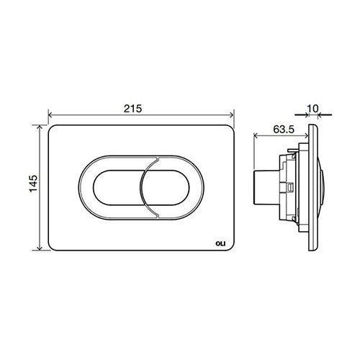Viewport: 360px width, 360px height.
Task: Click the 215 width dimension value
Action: click(x=132, y=109)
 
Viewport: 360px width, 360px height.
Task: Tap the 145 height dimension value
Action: click(x=34, y=184)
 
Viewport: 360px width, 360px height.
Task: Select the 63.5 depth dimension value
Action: click(x=284, y=130)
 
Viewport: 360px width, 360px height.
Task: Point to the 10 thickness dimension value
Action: click(x=312, y=109)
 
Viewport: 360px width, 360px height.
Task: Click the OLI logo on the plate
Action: click(x=220, y=244)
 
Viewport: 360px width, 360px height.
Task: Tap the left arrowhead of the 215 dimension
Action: click(x=50, y=115)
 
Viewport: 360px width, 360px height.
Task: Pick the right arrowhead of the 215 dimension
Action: click(x=232, y=115)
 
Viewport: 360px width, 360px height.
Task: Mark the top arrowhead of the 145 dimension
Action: click(x=40, y=127)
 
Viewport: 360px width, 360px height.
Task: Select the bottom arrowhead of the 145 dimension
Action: click(x=40, y=248)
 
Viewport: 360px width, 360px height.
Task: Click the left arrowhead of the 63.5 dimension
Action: click(x=256, y=136)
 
